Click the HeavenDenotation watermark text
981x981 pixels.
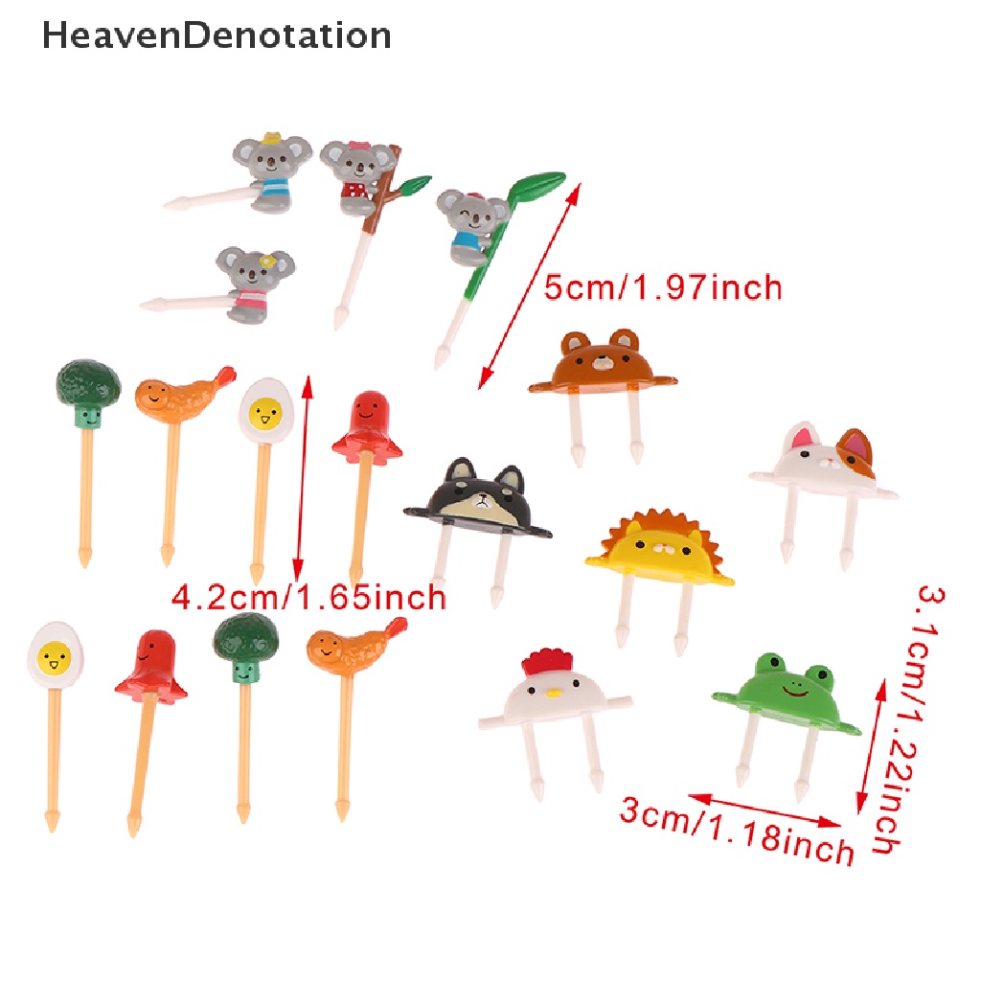[217, 35]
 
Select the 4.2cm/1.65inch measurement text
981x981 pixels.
[308, 597]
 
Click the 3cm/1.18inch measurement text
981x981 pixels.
[736, 831]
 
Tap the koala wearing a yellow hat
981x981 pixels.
[264, 173]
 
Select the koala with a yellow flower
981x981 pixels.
[253, 283]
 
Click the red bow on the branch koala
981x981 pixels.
[359, 148]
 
